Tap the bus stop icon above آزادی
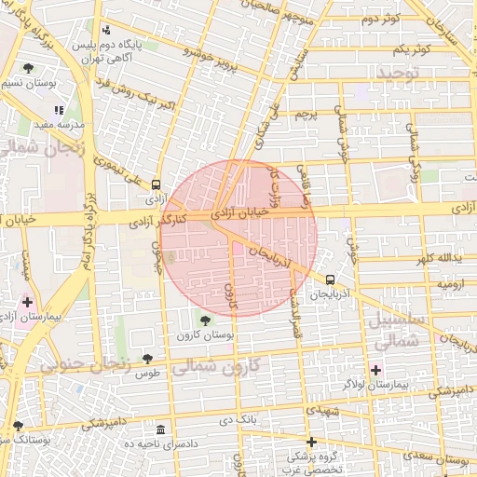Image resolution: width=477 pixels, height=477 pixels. click(x=156, y=184)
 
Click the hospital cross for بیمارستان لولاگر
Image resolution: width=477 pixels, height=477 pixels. click(x=375, y=369)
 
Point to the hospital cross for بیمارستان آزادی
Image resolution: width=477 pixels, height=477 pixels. click(x=26, y=302)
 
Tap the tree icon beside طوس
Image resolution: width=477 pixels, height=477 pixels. click(x=146, y=359)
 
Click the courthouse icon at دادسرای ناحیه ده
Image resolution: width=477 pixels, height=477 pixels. click(x=161, y=429)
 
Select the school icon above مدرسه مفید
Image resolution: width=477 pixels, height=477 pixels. click(x=61, y=110)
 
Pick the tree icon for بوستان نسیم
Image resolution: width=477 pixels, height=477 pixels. click(x=29, y=68)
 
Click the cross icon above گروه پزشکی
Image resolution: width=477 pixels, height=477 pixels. click(x=311, y=442)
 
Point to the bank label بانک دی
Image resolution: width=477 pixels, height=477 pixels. click(x=238, y=421)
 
